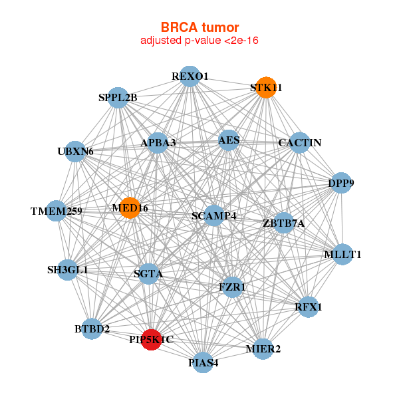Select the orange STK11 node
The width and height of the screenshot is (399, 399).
click(x=266, y=88)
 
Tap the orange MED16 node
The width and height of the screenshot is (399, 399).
click(x=130, y=207)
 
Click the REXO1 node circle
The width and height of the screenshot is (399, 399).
click(x=190, y=76)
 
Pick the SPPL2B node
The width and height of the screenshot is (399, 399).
click(x=118, y=98)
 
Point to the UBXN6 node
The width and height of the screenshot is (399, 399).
click(x=76, y=152)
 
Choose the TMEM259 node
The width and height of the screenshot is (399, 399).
click(x=57, y=211)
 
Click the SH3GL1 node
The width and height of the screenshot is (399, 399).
click(x=67, y=269)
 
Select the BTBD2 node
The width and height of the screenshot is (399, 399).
click(x=92, y=329)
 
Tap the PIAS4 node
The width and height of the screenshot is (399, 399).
click(x=203, y=362)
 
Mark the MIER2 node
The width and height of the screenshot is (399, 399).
click(x=263, y=348)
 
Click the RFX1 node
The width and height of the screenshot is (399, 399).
click(x=308, y=307)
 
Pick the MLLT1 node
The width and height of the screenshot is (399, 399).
click(x=342, y=254)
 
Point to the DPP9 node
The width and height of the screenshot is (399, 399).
click(x=340, y=183)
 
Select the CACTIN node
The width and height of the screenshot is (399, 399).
click(x=300, y=142)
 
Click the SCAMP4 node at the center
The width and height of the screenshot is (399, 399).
click(x=213, y=215)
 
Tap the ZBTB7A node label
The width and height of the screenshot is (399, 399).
click(x=284, y=223)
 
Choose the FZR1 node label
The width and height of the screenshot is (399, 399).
click(x=232, y=287)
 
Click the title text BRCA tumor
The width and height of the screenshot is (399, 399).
click(x=199, y=27)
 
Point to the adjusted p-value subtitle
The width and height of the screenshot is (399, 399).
click(x=199, y=41)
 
